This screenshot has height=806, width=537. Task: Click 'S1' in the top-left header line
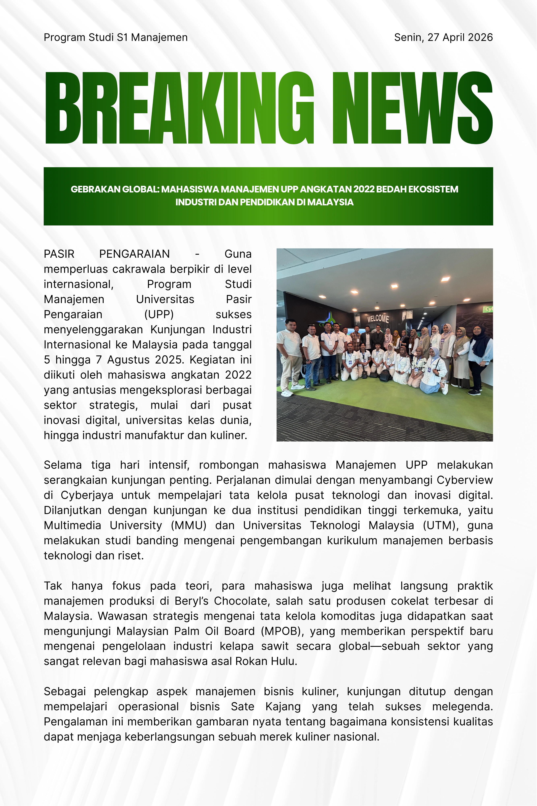click(122, 37)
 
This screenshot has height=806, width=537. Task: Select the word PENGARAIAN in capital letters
click(134, 254)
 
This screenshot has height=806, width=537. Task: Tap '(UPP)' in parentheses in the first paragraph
click(159, 314)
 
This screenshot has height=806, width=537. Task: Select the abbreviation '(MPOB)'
click(281, 631)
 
